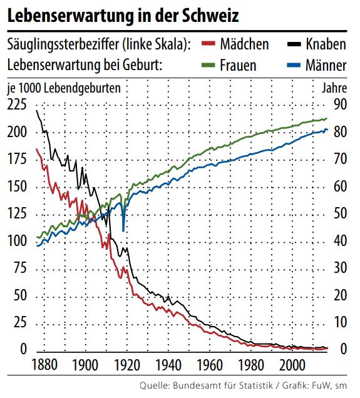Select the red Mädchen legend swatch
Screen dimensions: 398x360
209,44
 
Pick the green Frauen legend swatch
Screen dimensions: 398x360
209,64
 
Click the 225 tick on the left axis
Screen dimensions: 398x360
17,105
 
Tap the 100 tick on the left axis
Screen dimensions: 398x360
17,242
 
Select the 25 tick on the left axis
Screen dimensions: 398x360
21,323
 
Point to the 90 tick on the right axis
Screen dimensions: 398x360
339,105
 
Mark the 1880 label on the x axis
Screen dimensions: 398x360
44,365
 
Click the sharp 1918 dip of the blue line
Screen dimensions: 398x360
123,230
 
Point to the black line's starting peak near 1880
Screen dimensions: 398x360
37,111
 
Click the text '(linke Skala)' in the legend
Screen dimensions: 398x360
155,44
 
